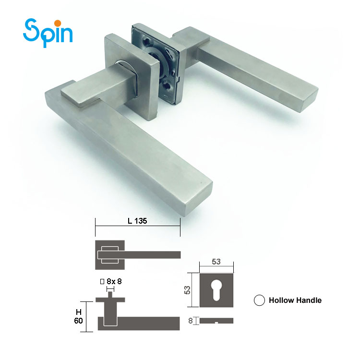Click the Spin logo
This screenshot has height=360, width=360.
(48, 32)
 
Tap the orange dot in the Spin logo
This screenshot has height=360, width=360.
(57, 23)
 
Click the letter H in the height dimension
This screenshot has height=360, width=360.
(79, 312)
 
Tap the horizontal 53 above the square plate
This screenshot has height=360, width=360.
(216, 261)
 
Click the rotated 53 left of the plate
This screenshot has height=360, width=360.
(188, 290)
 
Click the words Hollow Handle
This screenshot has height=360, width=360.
(295, 300)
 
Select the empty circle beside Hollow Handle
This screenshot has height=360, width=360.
(260, 300)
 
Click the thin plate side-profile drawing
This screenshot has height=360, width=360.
(216, 320)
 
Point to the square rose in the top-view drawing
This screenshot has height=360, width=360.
(110, 254)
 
